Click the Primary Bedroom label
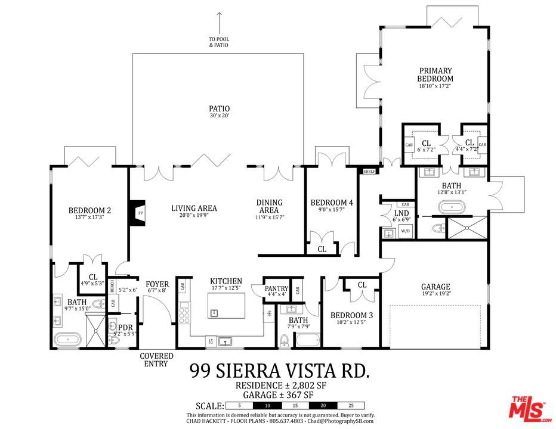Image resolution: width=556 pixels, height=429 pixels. click(x=434, y=74)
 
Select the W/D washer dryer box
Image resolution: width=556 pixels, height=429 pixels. click(x=405, y=231)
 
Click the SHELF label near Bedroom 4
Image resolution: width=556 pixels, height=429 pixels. click(x=369, y=172)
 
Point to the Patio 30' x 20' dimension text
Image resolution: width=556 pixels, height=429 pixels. click(x=219, y=116)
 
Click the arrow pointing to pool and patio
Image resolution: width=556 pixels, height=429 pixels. click(x=219, y=24)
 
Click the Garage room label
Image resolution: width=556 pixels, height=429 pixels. click(x=435, y=287)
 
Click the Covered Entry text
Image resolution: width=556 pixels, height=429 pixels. click(x=156, y=360)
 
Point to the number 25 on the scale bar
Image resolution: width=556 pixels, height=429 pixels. click(x=351, y=406)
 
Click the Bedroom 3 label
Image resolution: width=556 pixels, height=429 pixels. click(x=351, y=315)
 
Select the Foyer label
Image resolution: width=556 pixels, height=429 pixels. click(x=157, y=284)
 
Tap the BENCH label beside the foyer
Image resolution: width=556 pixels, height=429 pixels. click(x=112, y=287)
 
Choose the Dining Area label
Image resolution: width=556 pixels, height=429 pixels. click(x=269, y=206)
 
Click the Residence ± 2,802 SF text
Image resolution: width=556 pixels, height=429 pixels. click(x=279, y=386)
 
